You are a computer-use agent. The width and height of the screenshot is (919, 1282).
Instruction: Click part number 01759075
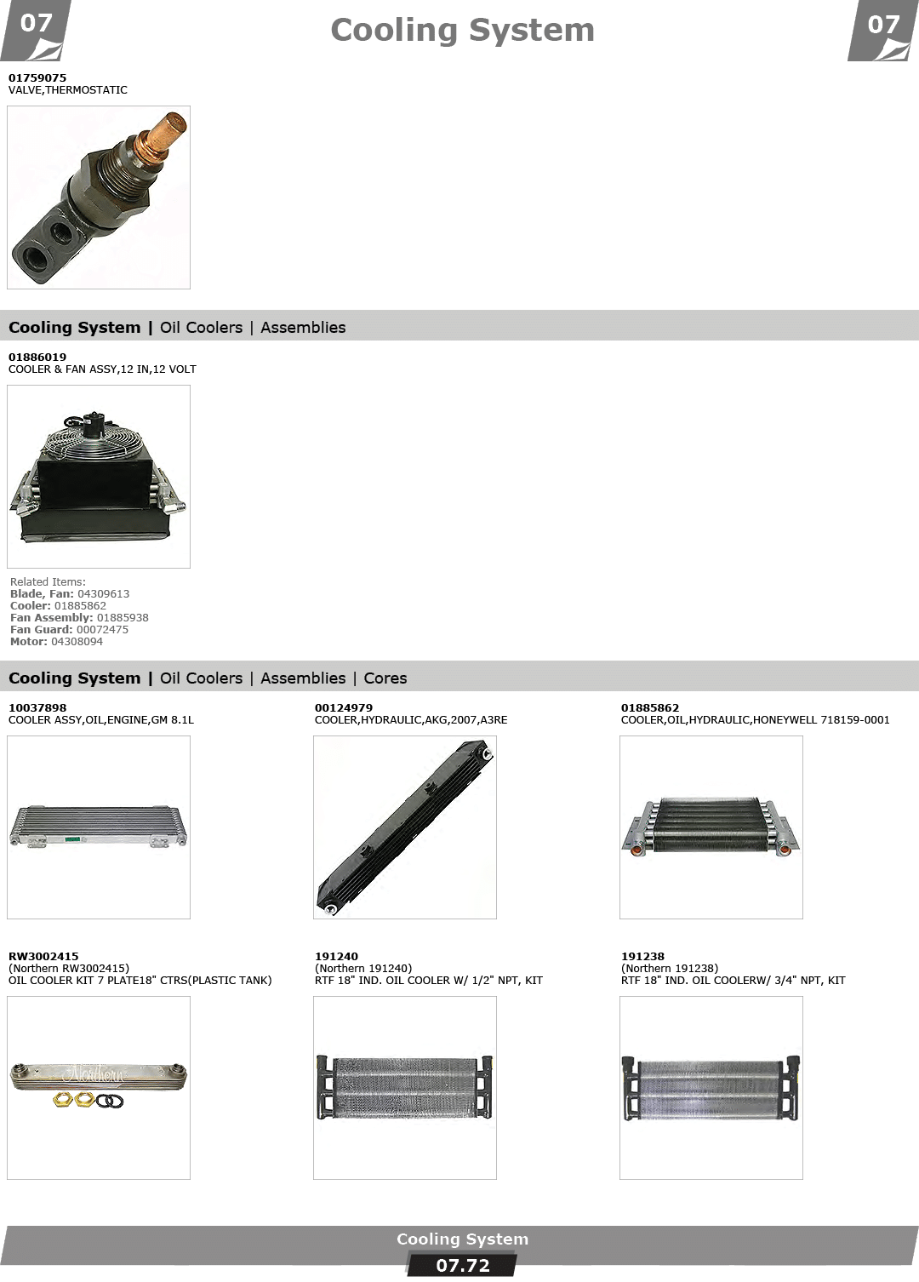pyautogui.click(x=37, y=77)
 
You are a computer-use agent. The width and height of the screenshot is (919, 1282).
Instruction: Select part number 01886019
pyautogui.click(x=37, y=358)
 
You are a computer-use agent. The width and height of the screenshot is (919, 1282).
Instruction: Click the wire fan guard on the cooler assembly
pyautogui.click(x=94, y=438)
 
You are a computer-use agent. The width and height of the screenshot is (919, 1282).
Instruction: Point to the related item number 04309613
pyautogui.click(x=104, y=594)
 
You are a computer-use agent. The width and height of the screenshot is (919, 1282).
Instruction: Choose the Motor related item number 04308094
pyautogui.click(x=77, y=642)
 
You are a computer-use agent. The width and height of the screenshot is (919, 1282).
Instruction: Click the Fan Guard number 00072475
pyautogui.click(x=102, y=630)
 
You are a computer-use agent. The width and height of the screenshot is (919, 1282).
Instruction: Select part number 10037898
pyautogui.click(x=37, y=708)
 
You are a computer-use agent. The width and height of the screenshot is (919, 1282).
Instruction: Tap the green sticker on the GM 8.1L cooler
pyautogui.click(x=73, y=839)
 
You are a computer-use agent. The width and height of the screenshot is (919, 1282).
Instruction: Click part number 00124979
pyautogui.click(x=343, y=708)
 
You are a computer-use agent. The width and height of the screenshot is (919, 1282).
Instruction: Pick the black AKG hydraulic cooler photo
pyautogui.click(x=405, y=827)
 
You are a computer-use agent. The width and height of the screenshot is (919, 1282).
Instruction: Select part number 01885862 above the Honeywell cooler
pyautogui.click(x=650, y=708)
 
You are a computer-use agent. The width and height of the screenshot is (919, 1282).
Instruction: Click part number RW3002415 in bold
pyautogui.click(x=43, y=956)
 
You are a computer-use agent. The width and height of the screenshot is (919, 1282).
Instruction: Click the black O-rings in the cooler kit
pyautogui.click(x=109, y=1101)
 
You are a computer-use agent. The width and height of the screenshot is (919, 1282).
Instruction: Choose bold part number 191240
pyautogui.click(x=336, y=956)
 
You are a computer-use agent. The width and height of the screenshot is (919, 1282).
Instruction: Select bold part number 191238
pyautogui.click(x=643, y=956)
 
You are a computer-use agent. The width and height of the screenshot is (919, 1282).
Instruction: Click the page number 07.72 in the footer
pyautogui.click(x=463, y=1266)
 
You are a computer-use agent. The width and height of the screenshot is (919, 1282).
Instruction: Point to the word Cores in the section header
pyautogui.click(x=385, y=678)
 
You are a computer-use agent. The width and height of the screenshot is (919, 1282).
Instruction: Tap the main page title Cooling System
pyautogui.click(x=462, y=31)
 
